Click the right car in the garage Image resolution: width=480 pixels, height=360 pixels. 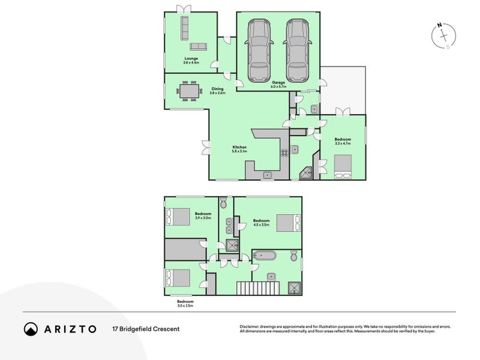coord(297,50)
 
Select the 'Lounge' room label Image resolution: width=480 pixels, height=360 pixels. coord(191,58)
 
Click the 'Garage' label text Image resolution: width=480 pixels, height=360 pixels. coord(278,83)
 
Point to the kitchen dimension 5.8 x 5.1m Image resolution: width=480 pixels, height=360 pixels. coord(239,151)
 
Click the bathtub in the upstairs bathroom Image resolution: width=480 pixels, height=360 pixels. coord(265,256)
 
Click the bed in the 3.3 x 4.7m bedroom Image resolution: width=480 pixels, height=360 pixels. coord(342,166)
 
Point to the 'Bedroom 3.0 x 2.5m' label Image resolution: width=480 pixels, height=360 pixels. coord(185,303)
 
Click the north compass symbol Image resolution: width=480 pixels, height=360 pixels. coord(443,36)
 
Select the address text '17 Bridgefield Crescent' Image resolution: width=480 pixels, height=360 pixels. coord(146,329)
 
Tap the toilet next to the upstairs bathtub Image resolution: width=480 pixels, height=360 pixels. coord(293,256)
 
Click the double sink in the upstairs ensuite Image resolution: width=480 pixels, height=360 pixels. coord(228,226)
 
